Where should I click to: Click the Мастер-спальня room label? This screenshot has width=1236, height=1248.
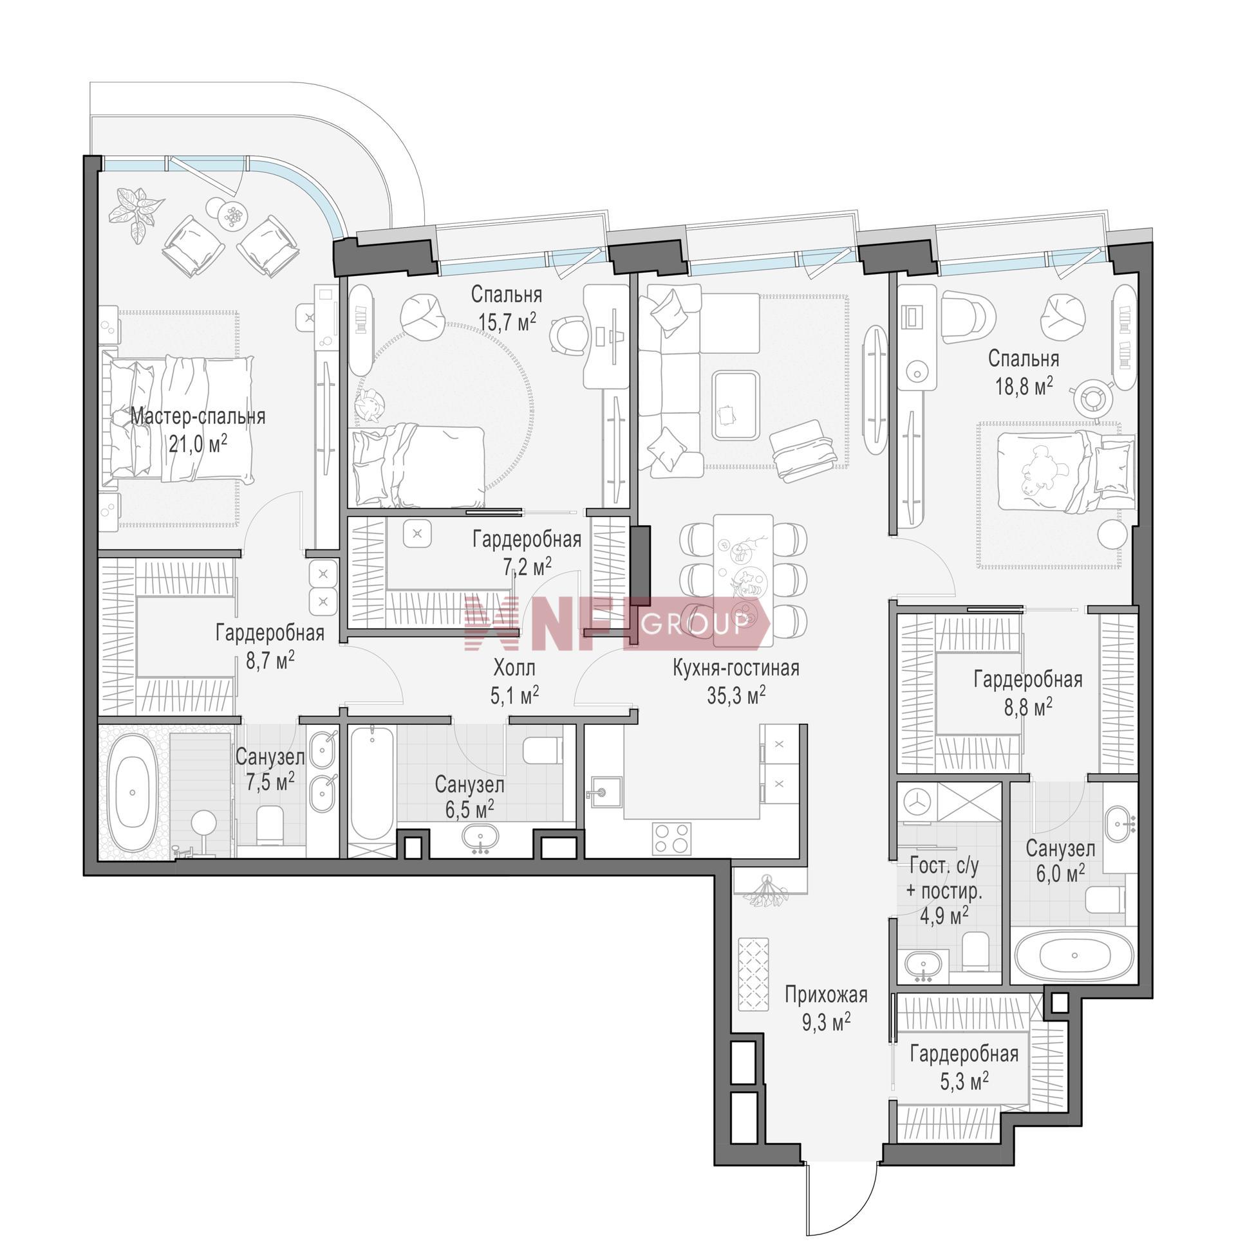point(198,417)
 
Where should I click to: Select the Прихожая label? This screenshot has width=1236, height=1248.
point(825,995)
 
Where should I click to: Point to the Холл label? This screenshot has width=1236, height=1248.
point(514,666)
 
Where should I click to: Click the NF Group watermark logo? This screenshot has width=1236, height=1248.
point(617,622)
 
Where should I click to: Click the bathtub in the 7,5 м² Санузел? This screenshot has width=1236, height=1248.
point(133,793)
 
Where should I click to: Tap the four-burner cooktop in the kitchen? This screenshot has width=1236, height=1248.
point(671,838)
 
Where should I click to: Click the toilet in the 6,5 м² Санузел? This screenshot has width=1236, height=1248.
point(542,750)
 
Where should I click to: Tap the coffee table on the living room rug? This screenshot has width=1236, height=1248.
point(735,405)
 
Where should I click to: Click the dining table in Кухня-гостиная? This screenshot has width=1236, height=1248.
point(744,580)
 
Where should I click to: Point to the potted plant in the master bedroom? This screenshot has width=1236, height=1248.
point(136,212)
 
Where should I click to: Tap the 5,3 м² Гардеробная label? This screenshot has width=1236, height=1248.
point(964,1067)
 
